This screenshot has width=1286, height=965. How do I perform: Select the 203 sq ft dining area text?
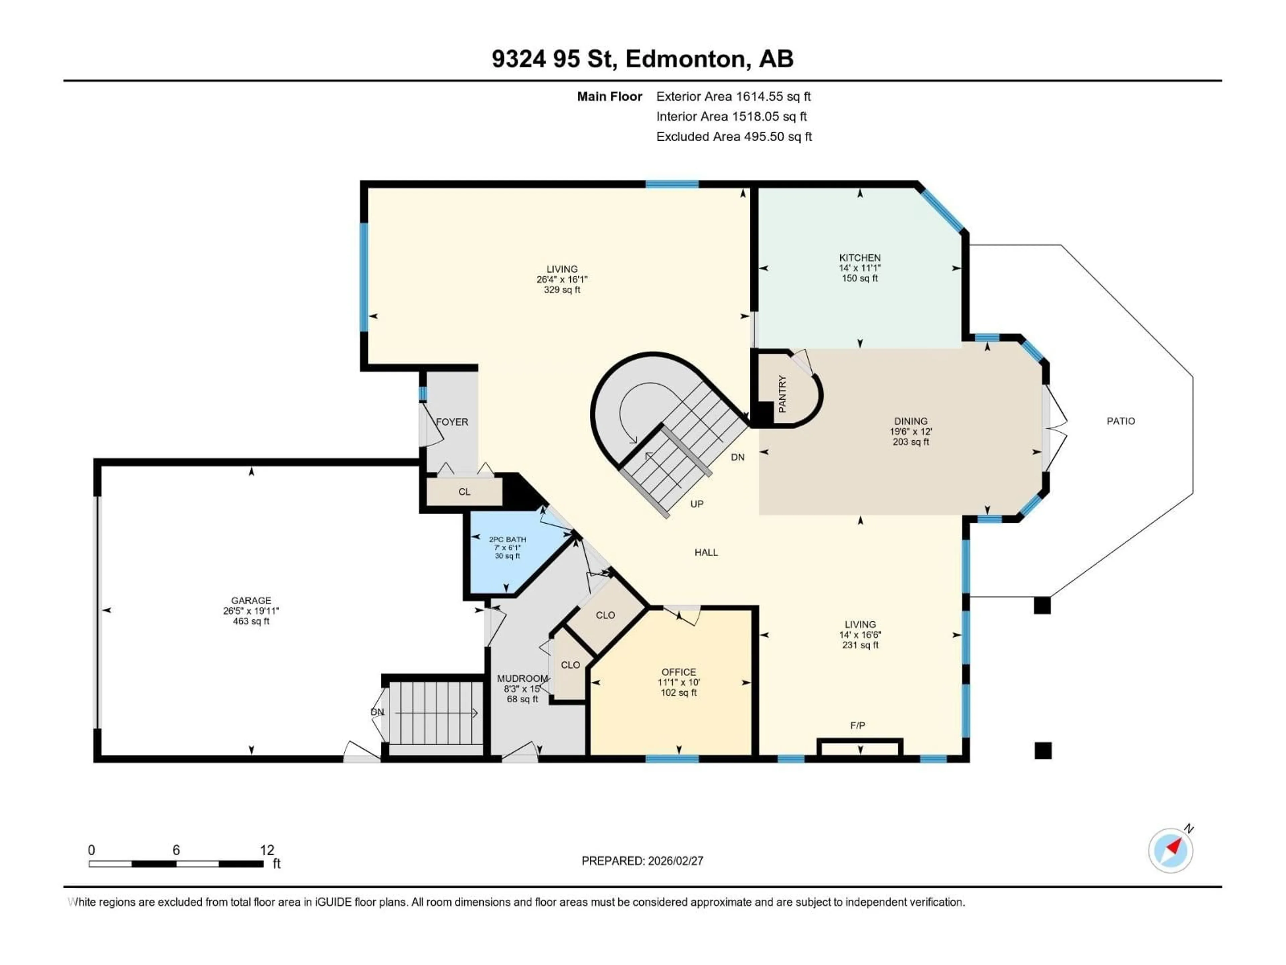[x=911, y=442]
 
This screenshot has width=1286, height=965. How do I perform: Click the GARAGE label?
[x=251, y=600]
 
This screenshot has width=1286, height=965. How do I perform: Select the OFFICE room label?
[x=678, y=672]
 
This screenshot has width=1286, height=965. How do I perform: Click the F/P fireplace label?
[x=858, y=725]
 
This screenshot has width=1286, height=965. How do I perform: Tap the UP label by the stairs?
[x=697, y=504]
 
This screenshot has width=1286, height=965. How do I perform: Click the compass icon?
[x=1170, y=850]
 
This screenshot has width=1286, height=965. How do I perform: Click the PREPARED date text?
[x=642, y=861]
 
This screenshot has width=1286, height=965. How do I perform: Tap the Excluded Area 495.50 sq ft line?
[x=734, y=137]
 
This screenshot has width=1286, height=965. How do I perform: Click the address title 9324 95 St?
[x=642, y=59]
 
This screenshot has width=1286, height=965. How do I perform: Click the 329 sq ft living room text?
[x=562, y=290]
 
